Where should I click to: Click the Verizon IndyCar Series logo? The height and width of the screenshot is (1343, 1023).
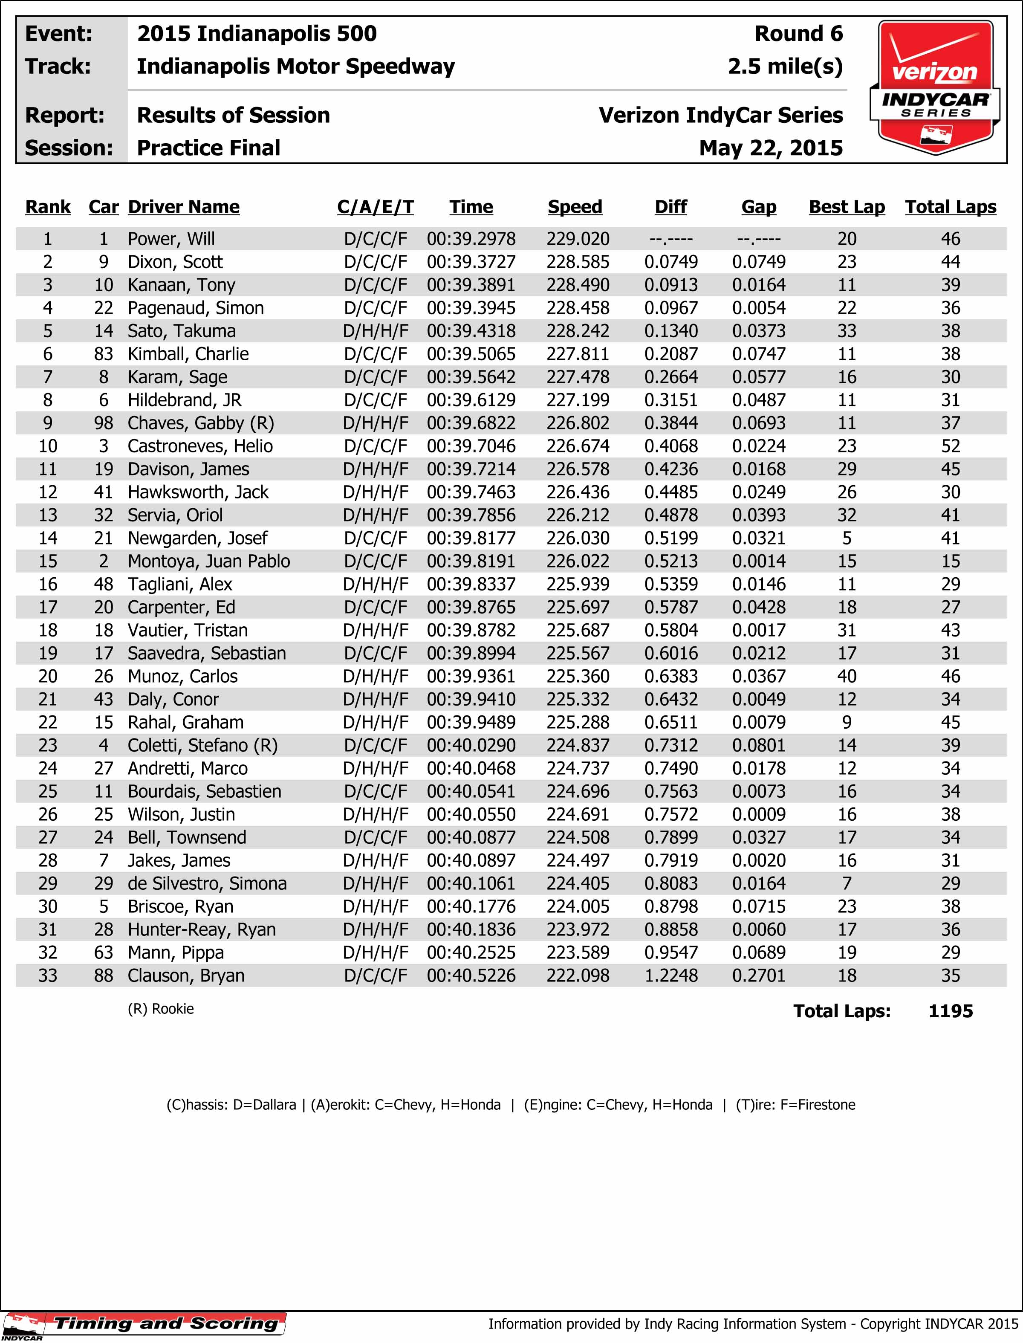[935, 87]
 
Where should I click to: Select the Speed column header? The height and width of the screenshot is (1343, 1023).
[575, 207]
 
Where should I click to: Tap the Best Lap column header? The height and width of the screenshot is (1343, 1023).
[847, 207]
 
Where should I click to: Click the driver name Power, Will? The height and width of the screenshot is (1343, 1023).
[171, 239]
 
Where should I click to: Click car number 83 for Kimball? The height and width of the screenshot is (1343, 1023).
[104, 354]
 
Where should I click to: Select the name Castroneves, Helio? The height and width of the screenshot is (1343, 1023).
[200, 446]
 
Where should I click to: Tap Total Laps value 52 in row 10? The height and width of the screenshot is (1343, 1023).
[950, 446]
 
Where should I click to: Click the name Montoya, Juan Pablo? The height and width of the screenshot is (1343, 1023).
[208, 561]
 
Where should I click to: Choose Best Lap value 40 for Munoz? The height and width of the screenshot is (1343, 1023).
[847, 676]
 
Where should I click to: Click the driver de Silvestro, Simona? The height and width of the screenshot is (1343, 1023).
[207, 883]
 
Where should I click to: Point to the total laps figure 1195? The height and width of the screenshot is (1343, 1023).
[950, 1011]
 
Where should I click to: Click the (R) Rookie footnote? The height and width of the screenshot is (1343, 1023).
[161, 1009]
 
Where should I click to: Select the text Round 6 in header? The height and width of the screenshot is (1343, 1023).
[798, 34]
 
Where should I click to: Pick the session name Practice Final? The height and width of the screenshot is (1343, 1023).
[208, 148]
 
